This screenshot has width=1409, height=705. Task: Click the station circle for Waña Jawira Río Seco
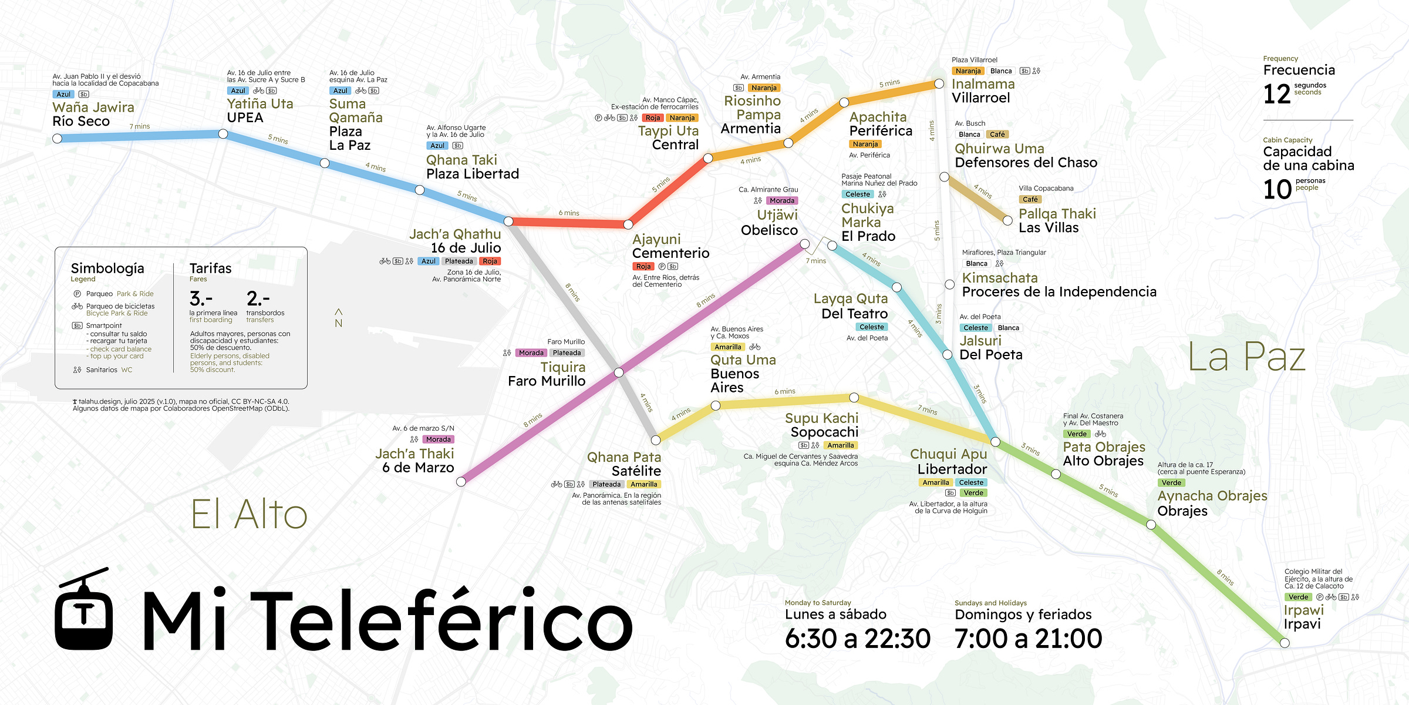[x=57, y=139]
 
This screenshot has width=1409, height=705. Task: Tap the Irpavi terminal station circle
[x=1285, y=643]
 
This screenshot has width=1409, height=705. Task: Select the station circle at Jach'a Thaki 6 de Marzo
[x=461, y=482]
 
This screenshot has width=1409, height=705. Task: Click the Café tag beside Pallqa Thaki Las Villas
[x=1030, y=199]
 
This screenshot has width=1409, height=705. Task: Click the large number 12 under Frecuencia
[x=1277, y=94]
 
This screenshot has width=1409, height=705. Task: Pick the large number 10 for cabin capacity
[x=1277, y=190]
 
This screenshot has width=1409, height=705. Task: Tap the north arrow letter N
[x=338, y=323]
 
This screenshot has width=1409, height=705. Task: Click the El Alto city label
[x=249, y=515]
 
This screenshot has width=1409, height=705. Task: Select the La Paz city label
[x=1246, y=357]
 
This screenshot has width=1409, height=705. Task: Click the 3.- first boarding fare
[x=201, y=298]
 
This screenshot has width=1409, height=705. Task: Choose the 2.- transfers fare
[x=258, y=298]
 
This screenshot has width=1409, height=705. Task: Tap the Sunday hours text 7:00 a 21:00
[x=1028, y=639]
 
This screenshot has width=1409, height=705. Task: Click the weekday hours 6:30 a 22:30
[x=858, y=639]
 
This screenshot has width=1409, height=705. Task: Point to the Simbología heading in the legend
[x=107, y=268]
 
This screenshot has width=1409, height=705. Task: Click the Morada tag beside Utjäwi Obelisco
[x=781, y=201]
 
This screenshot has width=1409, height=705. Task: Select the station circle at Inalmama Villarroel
[x=939, y=84]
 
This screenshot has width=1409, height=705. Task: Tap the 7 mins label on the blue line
[x=140, y=126]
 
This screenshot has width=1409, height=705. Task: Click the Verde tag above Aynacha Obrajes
[x=1171, y=483]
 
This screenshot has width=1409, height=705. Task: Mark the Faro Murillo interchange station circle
[x=618, y=372]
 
